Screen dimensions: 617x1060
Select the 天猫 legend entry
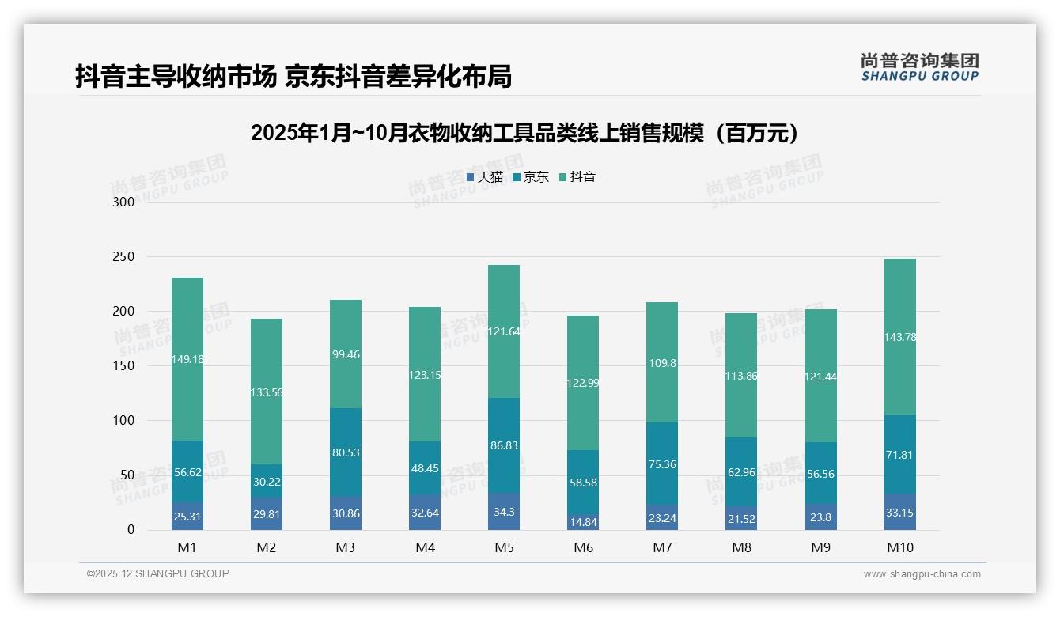click(x=484, y=177)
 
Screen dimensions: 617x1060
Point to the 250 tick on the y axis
click(x=125, y=257)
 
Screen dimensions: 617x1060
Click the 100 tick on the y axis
click(x=125, y=421)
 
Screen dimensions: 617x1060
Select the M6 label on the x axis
click(x=583, y=547)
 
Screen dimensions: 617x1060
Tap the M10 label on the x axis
click(x=899, y=547)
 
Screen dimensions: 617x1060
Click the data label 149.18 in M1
click(x=187, y=359)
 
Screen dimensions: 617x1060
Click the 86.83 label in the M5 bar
click(x=504, y=445)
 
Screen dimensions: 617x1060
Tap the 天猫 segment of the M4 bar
click(x=425, y=513)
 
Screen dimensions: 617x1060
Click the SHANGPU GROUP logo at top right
click(x=919, y=66)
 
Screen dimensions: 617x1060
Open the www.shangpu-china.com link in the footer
click(x=922, y=574)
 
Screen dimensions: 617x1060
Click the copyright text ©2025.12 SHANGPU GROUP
click(x=158, y=573)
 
